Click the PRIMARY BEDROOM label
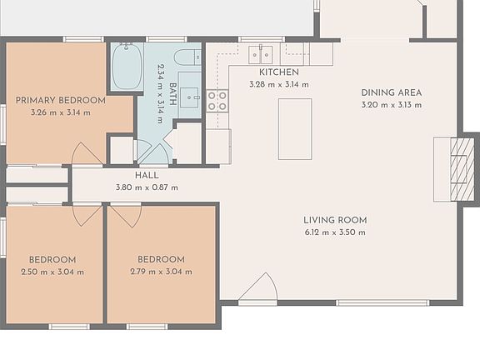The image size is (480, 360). click(61, 100)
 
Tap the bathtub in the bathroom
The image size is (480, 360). click(127, 67)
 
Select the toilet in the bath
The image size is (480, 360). click(187, 57)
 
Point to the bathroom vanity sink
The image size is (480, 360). click(189, 97)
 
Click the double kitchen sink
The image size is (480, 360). click(261, 54)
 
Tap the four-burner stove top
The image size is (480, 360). click(217, 101)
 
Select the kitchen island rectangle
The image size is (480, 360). click(295, 129)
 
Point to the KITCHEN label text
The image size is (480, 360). click(279, 72)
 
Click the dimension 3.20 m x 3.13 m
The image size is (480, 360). click(392, 105)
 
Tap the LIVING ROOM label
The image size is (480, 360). click(335, 220)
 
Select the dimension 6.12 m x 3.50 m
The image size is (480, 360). click(335, 232)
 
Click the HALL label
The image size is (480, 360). click(147, 175)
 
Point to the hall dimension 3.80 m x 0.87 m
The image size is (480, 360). click(147, 187)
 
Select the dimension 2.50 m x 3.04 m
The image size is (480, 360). click(52, 272)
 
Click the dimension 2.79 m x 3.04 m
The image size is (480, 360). click(162, 272)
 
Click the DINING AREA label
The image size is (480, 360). click(392, 92)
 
